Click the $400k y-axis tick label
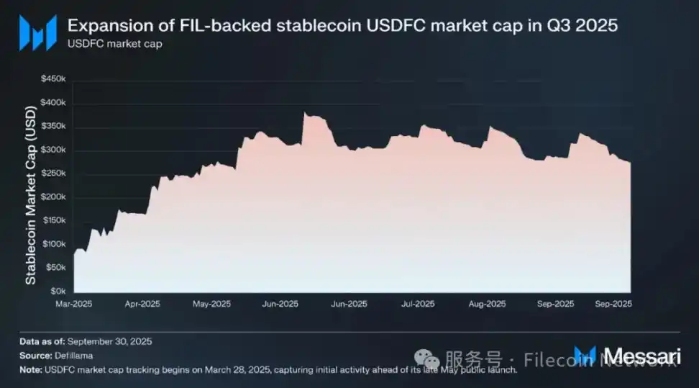[55, 103]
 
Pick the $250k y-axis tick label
[55, 173]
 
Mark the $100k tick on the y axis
[55, 244]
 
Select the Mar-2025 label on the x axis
[73, 304]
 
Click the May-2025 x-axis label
[211, 304]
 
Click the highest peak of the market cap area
[305, 113]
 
